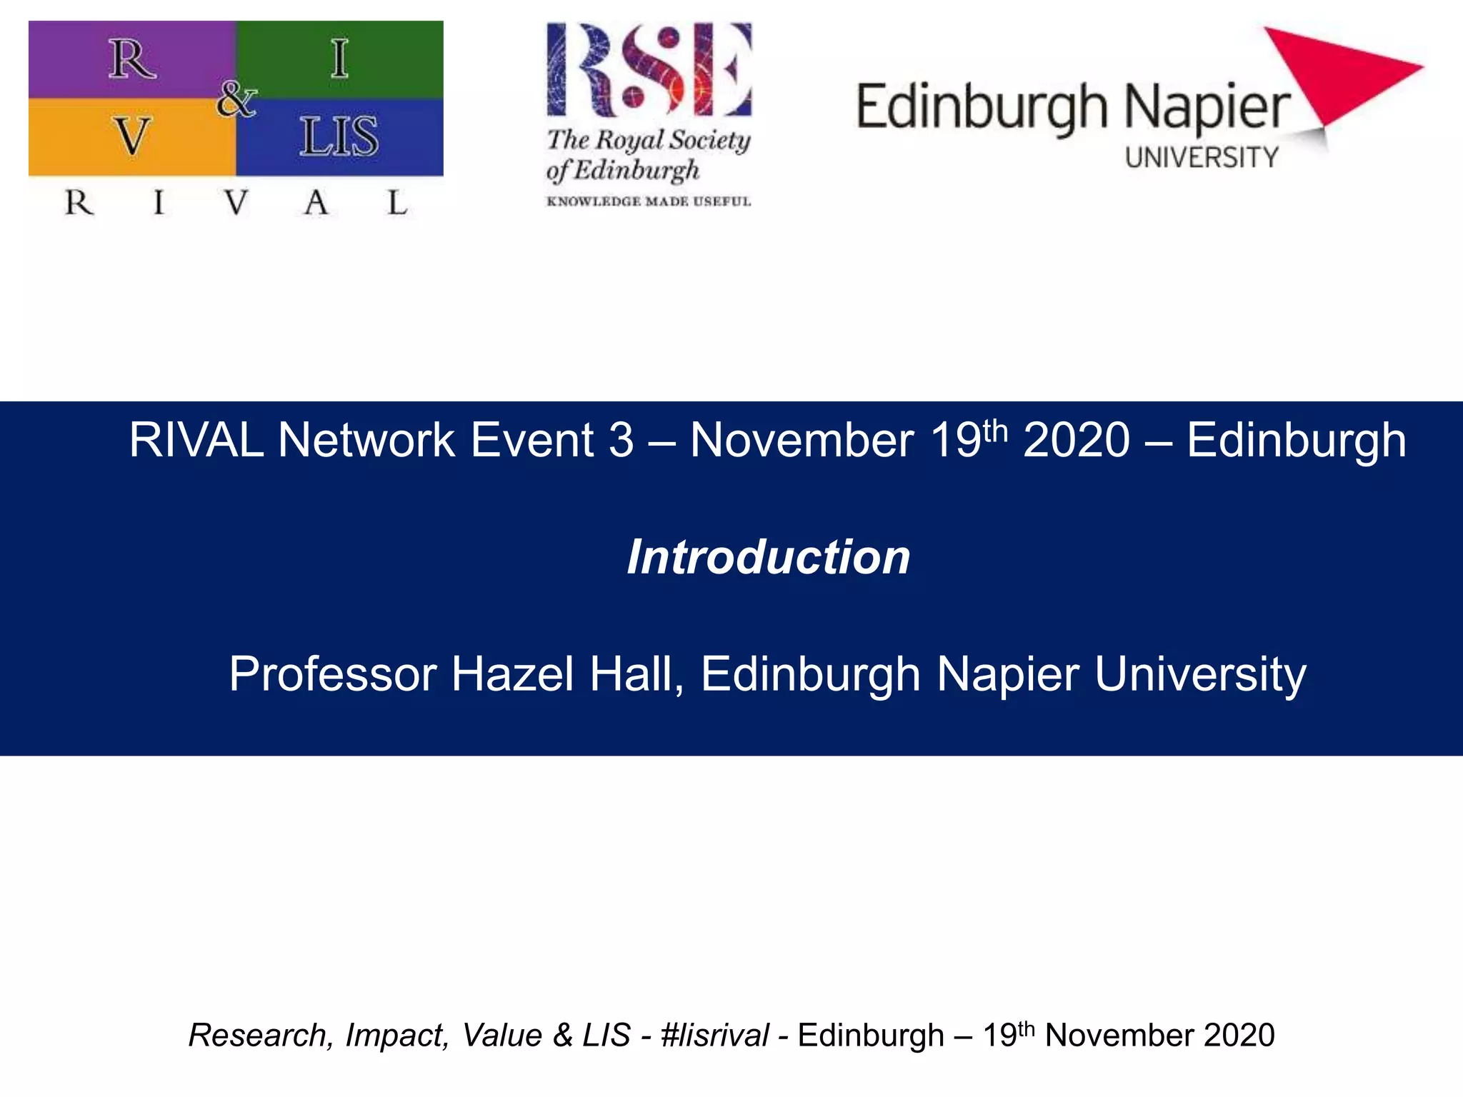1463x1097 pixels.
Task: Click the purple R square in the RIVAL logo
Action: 132,60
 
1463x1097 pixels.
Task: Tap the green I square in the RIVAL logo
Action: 340,59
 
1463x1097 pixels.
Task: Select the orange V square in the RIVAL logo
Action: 132,136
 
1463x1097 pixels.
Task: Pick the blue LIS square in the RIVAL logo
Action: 340,136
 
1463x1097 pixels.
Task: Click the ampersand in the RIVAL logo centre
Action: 236,99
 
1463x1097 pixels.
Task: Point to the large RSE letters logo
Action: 649,69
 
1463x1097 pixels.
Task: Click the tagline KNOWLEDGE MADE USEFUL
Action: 649,201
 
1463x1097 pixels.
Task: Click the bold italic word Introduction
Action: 769,557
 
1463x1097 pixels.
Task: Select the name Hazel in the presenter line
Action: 512,673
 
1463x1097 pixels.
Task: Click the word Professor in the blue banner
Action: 333,673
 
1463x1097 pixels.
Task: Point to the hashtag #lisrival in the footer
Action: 714,1036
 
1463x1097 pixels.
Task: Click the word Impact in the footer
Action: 397,1036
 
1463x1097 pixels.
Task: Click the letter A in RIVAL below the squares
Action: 316,204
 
